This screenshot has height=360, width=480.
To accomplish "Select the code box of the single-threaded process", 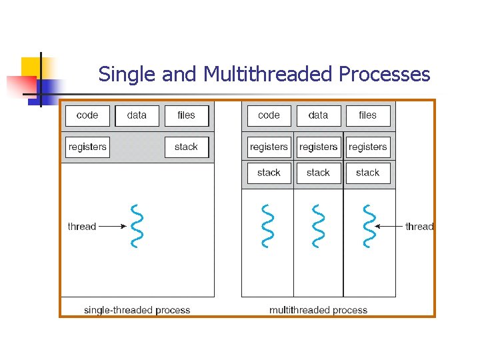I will click(x=87, y=115).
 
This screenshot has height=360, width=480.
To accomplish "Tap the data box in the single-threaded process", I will click(x=137, y=115).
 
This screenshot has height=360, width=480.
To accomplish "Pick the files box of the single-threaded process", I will click(x=186, y=115).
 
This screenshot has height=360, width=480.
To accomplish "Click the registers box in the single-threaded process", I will click(x=87, y=147).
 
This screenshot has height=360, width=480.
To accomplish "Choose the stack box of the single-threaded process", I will click(x=186, y=147).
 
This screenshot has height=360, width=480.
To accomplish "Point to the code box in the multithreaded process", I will click(x=269, y=115).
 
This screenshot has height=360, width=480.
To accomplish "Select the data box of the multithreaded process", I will click(x=318, y=115).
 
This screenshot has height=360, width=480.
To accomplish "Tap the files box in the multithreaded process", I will click(x=367, y=115).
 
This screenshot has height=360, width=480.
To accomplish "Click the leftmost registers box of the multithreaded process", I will click(x=269, y=147).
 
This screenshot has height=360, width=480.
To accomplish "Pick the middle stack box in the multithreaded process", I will click(x=318, y=173).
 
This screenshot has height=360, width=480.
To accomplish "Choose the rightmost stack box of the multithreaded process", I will click(x=367, y=173).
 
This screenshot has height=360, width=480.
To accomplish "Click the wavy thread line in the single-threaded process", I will click(x=137, y=225).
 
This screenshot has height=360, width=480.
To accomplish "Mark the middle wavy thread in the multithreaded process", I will click(x=318, y=225).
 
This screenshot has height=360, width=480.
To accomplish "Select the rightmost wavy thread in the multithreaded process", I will click(x=367, y=225).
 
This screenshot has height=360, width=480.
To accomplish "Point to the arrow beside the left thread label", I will click(x=112, y=227).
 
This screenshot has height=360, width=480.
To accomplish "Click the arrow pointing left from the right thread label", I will click(x=389, y=227).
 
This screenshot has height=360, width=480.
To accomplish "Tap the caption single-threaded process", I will click(x=137, y=310).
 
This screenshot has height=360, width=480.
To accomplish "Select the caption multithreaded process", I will click(x=318, y=310).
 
